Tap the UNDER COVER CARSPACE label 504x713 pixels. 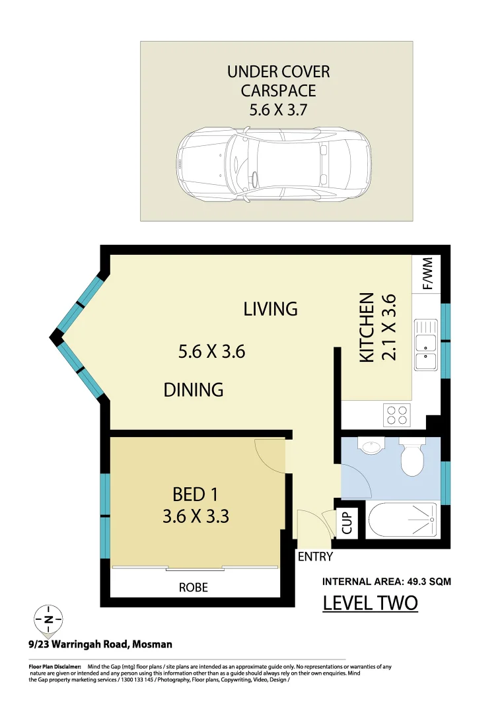point(279,81)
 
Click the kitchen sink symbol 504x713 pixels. point(425,344)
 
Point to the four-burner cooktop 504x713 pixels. point(397,415)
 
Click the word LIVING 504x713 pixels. point(270,308)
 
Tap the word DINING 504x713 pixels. point(194,390)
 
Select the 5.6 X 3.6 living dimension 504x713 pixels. point(211,352)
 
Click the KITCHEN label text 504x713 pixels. point(367,327)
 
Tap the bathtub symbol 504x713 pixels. point(401,520)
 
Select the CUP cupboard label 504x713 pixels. point(348,523)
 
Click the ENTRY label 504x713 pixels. point(315,557)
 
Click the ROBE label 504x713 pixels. point(194,587)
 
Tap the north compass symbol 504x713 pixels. point(48,619)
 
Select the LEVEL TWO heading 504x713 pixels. point(370,603)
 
